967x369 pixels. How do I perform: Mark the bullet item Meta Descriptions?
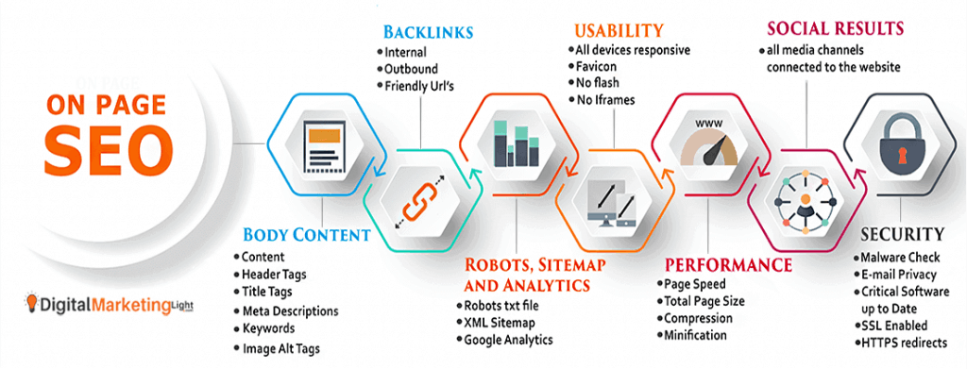click(x=289, y=310)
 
